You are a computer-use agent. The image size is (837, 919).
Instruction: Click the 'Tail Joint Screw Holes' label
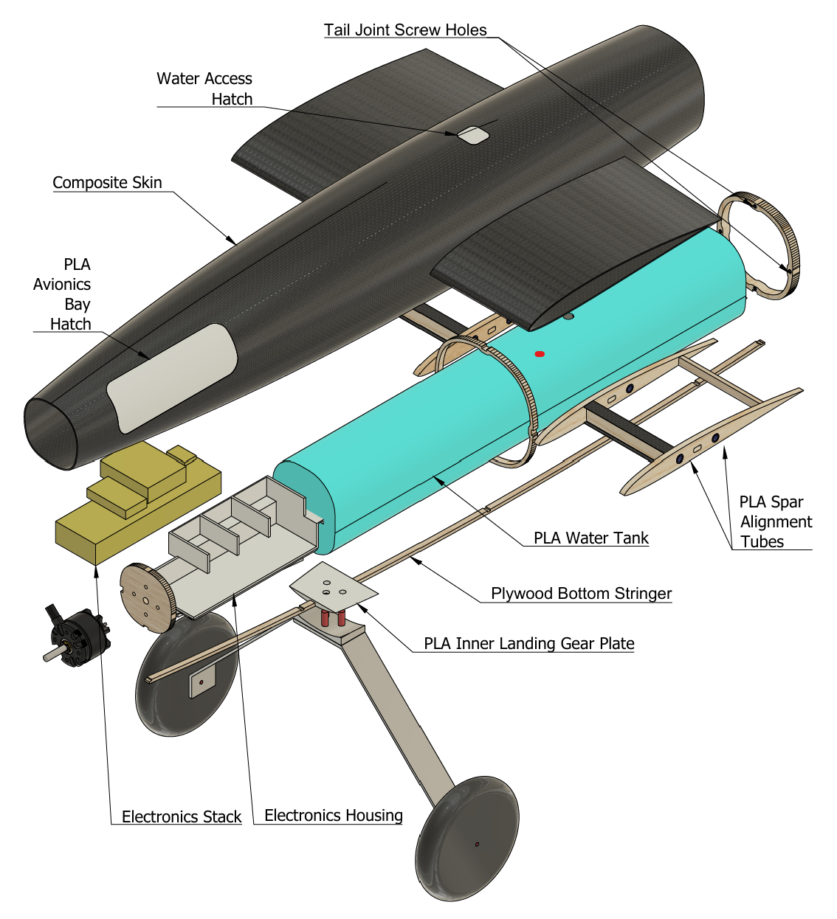click(405, 30)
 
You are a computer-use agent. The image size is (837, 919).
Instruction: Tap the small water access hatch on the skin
click(472, 135)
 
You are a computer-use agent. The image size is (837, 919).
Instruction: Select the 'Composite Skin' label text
click(107, 183)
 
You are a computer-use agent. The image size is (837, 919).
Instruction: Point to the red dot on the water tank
click(540, 354)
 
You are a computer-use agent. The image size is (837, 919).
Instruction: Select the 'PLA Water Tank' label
click(590, 538)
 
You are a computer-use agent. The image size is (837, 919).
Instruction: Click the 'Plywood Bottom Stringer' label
click(581, 594)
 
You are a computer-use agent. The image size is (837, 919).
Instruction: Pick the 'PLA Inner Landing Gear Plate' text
click(528, 644)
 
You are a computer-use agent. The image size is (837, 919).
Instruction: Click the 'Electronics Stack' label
click(181, 817)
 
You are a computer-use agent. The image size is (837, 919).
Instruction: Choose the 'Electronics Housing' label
click(333, 816)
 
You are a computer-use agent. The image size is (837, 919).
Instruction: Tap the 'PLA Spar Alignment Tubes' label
click(775, 521)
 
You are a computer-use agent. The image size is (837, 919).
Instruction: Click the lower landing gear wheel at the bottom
click(468, 838)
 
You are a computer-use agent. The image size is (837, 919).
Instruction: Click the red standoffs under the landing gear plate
click(332, 617)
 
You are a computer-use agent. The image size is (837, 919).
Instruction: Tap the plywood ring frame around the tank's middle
click(487, 398)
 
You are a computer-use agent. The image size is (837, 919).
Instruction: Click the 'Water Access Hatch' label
click(204, 89)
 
